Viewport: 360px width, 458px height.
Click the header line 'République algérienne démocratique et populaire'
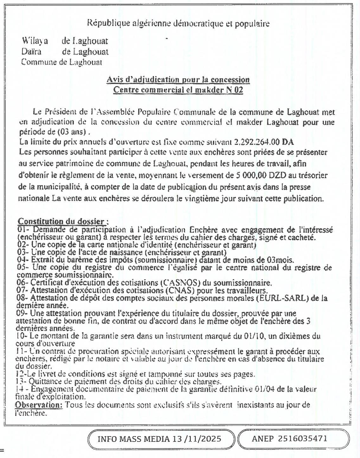pyautogui.click(x=178, y=23)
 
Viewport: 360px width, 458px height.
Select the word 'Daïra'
pyautogui.click(x=31, y=51)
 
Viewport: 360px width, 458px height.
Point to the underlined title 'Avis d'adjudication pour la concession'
pyautogui.click(x=178, y=80)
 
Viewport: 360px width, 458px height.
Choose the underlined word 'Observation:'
pyautogui.click(x=39, y=405)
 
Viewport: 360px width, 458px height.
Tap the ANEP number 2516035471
pyautogui.click(x=303, y=439)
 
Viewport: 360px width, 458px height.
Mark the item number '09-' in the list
pyautogui.click(x=22, y=313)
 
